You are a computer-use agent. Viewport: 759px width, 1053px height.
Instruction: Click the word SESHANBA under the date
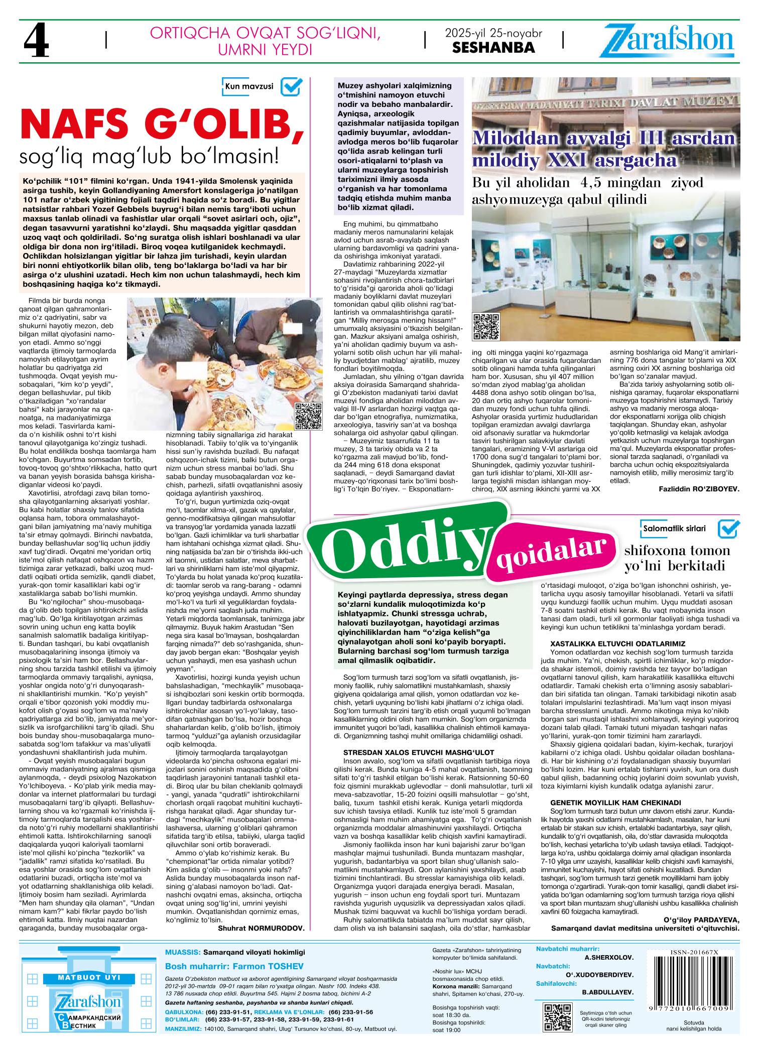pyautogui.click(x=493, y=48)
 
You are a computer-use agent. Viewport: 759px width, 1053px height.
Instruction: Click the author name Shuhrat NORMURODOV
pyautogui.click(x=261, y=928)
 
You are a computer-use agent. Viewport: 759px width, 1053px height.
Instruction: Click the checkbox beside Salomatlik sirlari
pyautogui.click(x=728, y=529)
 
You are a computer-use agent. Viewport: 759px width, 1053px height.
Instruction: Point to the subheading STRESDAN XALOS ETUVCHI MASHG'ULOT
pyautogui.click(x=419, y=752)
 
